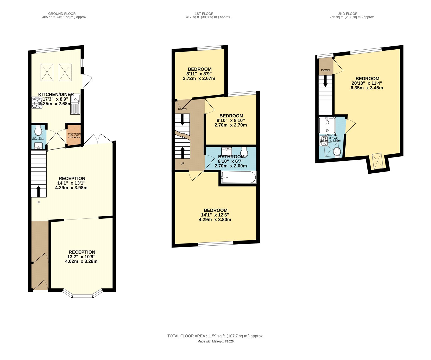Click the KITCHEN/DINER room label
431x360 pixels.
pyautogui.click(x=56, y=94)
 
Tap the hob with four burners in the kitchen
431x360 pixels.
pyautogui.click(x=37, y=103)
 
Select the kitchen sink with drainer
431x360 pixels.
pyautogui.click(x=75, y=104)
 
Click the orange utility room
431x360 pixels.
pyautogui.click(x=74, y=135)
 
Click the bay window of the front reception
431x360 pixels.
pyautogui.click(x=83, y=295)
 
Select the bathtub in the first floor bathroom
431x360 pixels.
pyautogui.click(x=238, y=178)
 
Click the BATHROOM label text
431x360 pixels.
pyautogui.click(x=231, y=157)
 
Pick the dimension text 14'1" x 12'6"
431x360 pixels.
pyautogui.click(x=215, y=215)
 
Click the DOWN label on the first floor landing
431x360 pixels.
pyautogui.click(x=182, y=109)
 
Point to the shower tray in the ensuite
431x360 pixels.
pyautogui.click(x=327, y=125)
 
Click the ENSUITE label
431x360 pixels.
pyautogui.click(x=331, y=135)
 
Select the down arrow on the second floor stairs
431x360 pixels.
pyautogui.click(x=325, y=81)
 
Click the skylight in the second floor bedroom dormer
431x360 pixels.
pyautogui.click(x=377, y=161)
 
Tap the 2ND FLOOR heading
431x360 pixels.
pyautogui.click(x=348, y=13)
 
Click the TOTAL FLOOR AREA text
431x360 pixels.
pyautogui.click(x=215, y=336)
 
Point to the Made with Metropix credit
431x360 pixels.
pyautogui.click(x=215, y=341)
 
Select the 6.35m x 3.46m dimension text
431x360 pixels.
pyautogui.click(x=367, y=88)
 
